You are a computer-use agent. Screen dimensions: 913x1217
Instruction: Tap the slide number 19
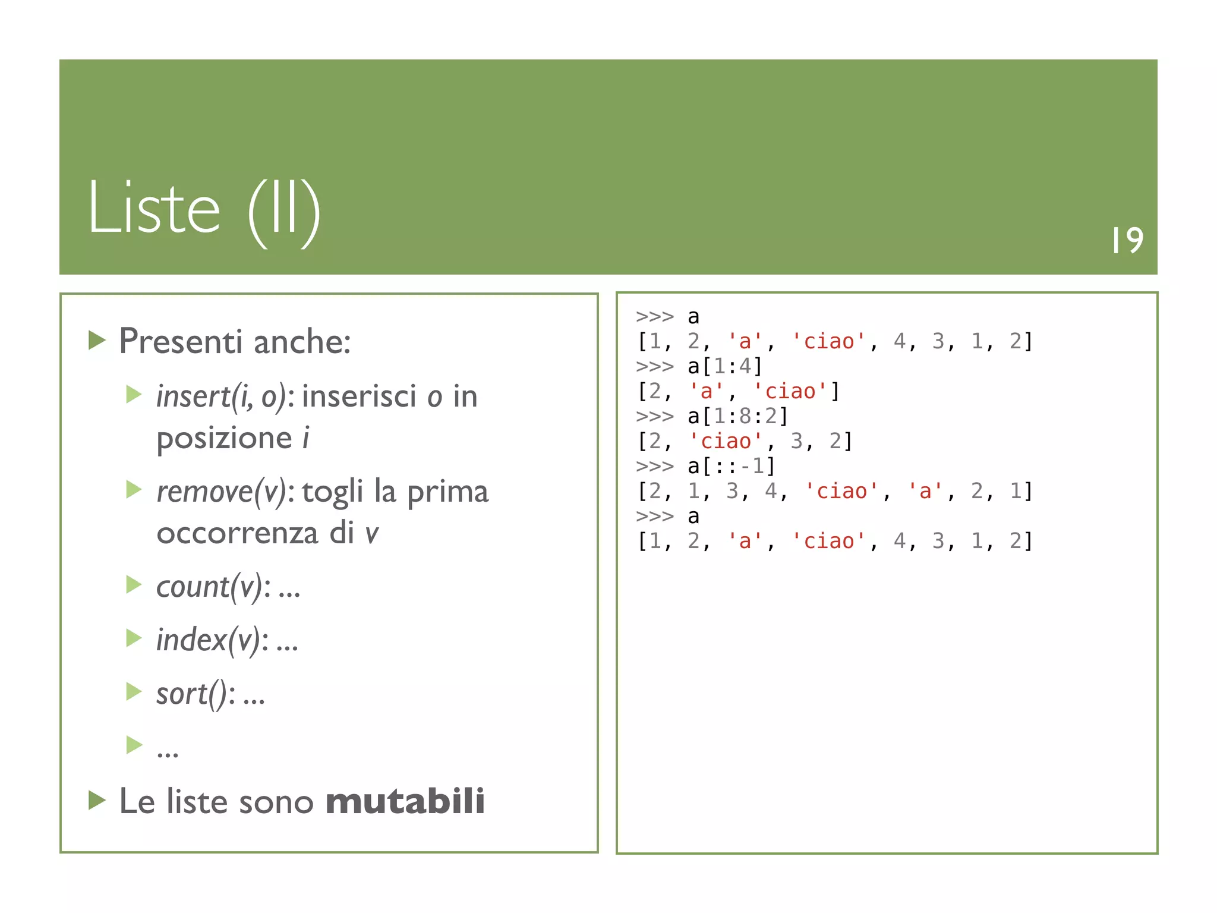tap(1127, 241)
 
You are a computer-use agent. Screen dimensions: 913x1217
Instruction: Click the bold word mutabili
tap(405, 801)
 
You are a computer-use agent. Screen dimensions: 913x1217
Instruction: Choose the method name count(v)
tap(209, 587)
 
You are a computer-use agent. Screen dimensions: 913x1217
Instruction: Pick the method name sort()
tap(191, 694)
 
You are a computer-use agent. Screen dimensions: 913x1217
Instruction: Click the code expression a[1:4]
tap(724, 366)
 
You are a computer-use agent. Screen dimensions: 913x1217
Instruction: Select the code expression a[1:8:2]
tap(737, 416)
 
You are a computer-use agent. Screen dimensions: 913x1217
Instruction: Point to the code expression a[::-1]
tap(731, 466)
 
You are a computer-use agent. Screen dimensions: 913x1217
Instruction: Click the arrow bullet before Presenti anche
tap(97, 341)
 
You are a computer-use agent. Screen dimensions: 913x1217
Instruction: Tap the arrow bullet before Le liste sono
tap(97, 800)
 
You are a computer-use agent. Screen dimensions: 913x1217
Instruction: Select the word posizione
tap(224, 439)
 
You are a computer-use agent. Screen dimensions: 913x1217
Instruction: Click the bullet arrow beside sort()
tap(134, 691)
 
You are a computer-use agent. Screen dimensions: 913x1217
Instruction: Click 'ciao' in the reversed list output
tap(841, 492)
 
